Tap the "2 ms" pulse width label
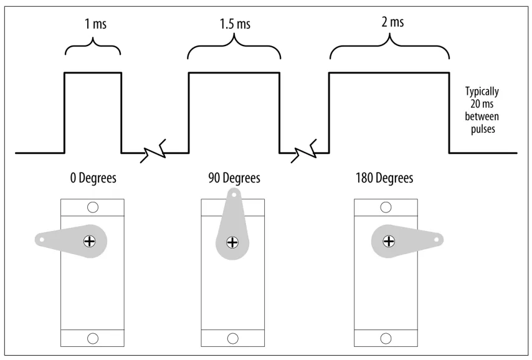391,23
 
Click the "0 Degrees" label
93,179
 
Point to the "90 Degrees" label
234,179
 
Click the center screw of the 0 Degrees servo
91,240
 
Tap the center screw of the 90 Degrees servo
233,241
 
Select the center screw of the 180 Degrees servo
389,240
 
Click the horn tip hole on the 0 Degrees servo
41,237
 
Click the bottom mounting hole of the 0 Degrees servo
93,338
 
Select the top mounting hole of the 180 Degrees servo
387,206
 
